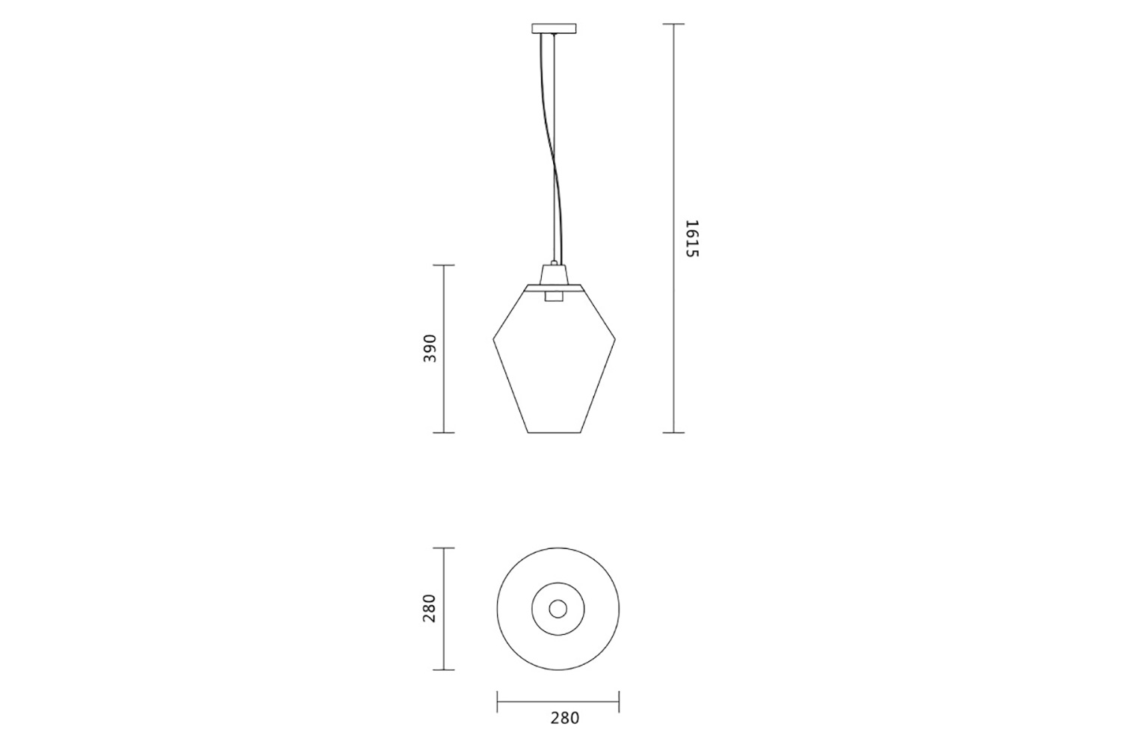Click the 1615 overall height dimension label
tap(691, 238)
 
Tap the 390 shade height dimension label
tap(430, 348)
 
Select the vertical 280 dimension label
tap(430, 608)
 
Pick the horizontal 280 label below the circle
tap(565, 718)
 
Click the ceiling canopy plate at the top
tap(554, 28)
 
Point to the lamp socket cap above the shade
tap(554, 274)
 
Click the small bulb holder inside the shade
tap(554, 296)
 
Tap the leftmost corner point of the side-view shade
tap(493, 340)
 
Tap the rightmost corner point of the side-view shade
tap(615, 340)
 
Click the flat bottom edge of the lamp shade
tap(555, 433)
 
